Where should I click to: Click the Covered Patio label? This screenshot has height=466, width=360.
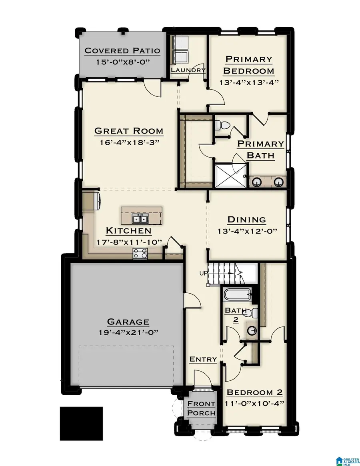(x=122, y=51)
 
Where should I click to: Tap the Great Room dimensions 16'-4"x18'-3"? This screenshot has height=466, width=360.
(x=128, y=142)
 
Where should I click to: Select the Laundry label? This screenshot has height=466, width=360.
(x=188, y=70)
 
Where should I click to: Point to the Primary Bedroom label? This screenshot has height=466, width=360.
(x=248, y=65)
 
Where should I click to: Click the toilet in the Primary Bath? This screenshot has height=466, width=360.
(x=221, y=125)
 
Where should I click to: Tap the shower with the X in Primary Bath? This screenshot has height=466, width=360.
(x=230, y=175)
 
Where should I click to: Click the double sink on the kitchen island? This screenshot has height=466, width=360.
(x=140, y=219)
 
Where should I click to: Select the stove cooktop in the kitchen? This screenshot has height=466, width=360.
(x=140, y=253)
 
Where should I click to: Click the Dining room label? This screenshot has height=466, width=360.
(x=246, y=220)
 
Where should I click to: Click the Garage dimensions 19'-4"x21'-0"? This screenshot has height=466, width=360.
(x=122, y=332)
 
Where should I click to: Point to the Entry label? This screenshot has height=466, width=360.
(x=203, y=360)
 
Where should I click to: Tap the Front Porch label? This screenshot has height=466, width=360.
(x=201, y=408)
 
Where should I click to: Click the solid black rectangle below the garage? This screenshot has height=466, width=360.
(x=81, y=423)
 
